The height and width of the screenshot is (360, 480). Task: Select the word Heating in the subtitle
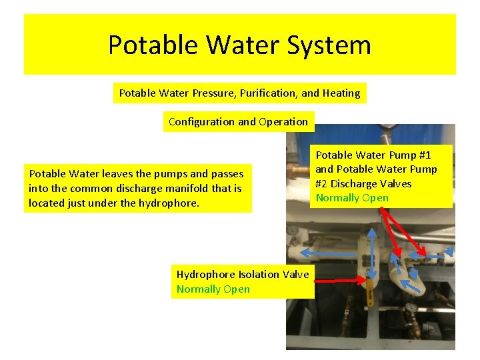pyautogui.click(x=341, y=93)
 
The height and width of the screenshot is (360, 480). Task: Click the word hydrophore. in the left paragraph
pyautogui.click(x=169, y=203)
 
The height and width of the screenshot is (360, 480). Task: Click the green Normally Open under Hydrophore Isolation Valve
pyautogui.click(x=213, y=289)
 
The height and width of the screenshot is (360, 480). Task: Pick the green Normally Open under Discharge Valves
pyautogui.click(x=352, y=198)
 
